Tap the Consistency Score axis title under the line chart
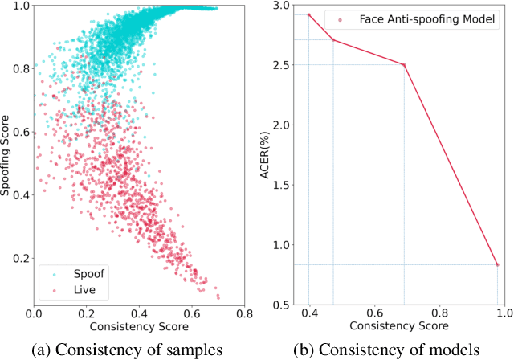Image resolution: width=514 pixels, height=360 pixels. (x=399, y=327)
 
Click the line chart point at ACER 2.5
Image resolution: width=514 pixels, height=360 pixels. (x=404, y=65)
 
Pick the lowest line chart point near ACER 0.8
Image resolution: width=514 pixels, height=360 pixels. (x=497, y=264)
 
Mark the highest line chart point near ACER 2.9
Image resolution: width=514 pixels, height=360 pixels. (x=309, y=14)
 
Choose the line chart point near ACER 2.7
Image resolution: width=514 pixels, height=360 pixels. (x=333, y=40)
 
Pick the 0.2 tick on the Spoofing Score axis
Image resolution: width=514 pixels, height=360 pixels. (x=19, y=257)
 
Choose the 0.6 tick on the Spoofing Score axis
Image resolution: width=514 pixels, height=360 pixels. (x=19, y=132)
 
